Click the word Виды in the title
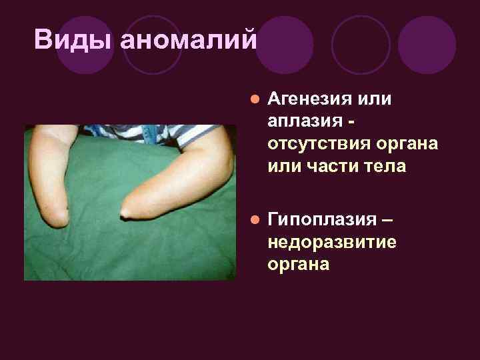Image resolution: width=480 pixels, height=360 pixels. click(74, 40)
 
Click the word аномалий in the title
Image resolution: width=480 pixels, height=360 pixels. click(189, 40)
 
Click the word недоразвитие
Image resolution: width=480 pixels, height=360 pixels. click(331, 241)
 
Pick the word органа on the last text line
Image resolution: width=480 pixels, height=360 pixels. click(298, 263)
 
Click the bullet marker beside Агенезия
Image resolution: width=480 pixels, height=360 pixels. click(253, 99)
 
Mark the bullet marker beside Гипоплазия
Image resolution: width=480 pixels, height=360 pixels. click(253, 220)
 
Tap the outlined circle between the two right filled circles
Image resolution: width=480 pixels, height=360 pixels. click(361, 45)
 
